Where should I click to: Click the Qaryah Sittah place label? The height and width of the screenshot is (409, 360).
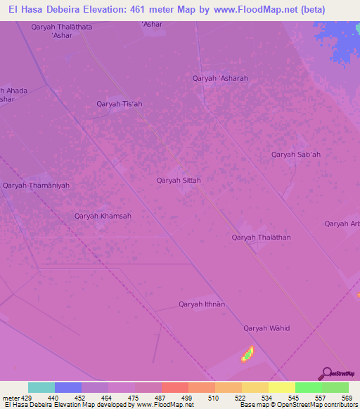[179, 181]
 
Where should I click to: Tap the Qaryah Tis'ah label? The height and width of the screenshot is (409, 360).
[120, 104]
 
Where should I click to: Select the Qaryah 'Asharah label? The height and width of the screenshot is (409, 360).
[220, 79]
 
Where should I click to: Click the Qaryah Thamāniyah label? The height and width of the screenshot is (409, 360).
[36, 186]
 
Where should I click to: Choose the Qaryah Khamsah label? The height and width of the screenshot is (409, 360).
[103, 216]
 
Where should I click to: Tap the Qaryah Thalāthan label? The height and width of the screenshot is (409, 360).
[261, 238]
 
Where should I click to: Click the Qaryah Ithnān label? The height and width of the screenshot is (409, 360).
[202, 304]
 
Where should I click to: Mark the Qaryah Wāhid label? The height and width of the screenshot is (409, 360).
[266, 328]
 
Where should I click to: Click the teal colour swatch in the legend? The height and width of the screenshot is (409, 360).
[41, 387]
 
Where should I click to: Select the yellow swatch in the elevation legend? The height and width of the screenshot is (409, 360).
[282, 387]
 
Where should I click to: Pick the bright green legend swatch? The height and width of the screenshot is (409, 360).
[309, 387]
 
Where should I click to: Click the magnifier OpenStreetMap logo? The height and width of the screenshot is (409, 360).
[327, 374]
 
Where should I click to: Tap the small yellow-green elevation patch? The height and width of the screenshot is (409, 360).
[247, 353]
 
